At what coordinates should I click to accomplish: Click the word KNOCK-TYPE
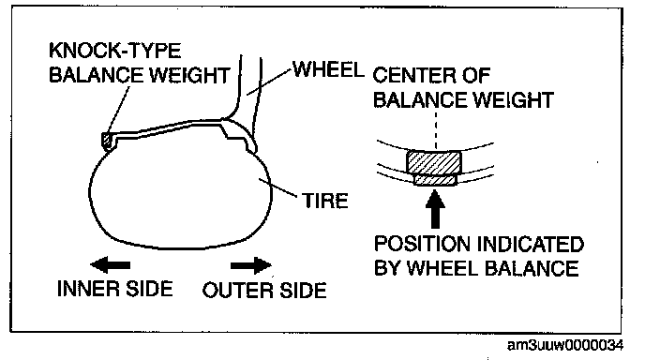[115, 51]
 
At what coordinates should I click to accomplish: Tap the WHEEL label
[328, 69]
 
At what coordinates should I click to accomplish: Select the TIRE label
[325, 201]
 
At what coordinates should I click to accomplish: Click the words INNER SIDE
[115, 289]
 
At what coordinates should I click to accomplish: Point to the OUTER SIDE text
[264, 291]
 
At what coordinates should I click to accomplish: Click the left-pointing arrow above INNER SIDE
[111, 265]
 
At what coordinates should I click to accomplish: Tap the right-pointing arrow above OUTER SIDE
[251, 265]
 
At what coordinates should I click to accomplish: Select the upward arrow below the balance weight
[435, 209]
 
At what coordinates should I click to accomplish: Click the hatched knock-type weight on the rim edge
[107, 141]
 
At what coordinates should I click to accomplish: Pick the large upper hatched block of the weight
[434, 162]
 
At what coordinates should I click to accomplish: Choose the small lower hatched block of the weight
[435, 180]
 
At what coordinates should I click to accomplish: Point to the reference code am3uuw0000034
[565, 345]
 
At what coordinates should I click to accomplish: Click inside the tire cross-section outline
[177, 198]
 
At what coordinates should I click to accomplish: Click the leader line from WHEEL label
[269, 81]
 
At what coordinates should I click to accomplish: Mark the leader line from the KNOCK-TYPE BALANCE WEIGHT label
[119, 111]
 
